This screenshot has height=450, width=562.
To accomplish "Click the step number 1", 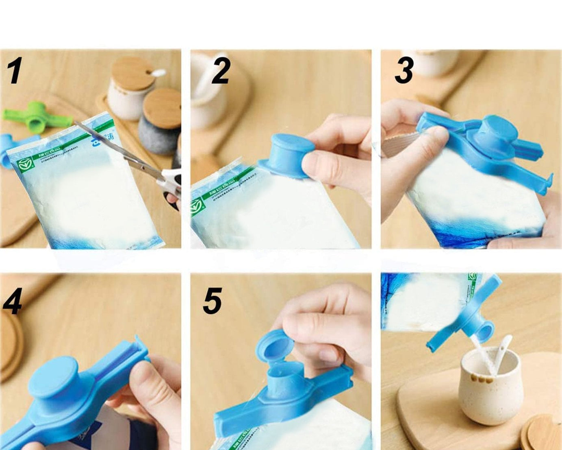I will coord(15,71).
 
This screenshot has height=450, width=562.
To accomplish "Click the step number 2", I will coord(221,71).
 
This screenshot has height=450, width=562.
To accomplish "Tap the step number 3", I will coord(404,70).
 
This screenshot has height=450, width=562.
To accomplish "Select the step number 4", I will coord(12,301).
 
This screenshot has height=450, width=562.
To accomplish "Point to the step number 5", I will coord(213,301).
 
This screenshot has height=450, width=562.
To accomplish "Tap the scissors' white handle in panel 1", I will coord(173,183).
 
